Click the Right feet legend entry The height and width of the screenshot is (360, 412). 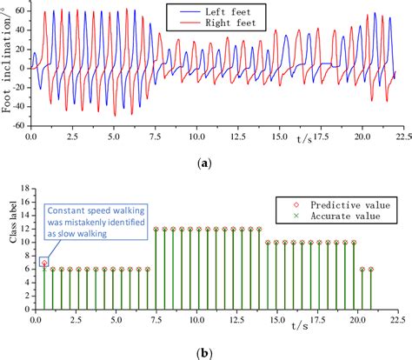tap(222, 24)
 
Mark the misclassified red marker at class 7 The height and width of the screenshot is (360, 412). tap(44, 262)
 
